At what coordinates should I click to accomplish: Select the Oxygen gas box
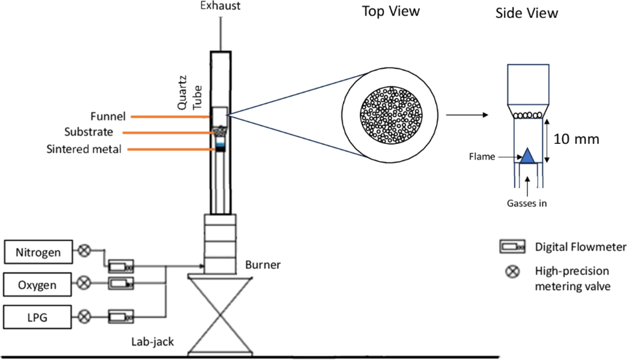click(34, 283)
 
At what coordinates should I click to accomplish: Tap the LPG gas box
click(34, 317)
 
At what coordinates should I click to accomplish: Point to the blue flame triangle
click(528, 156)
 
